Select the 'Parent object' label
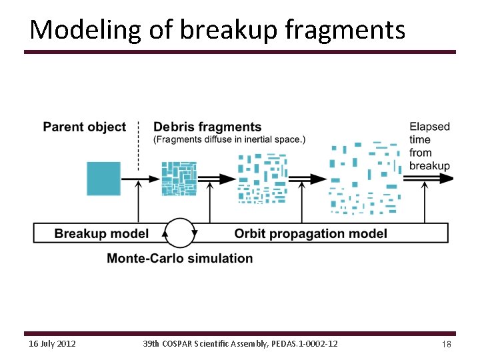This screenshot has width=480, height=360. point(84,127)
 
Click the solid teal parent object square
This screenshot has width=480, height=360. point(104,179)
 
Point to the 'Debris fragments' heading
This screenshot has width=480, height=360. point(207,127)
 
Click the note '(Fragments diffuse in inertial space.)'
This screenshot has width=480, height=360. point(229,139)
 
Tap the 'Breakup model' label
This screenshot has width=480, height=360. point(101,233)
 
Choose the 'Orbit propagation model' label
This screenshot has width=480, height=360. point(311,233)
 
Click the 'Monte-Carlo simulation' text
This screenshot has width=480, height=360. point(180,258)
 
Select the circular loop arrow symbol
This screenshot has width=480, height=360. point(181,233)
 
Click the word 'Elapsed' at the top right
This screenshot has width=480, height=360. point(429,127)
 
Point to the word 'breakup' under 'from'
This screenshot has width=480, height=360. point(429,165)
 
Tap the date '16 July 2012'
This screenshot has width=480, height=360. point(53,343)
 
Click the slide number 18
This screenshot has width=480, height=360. point(446,343)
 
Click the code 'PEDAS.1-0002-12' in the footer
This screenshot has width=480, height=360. point(303,343)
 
